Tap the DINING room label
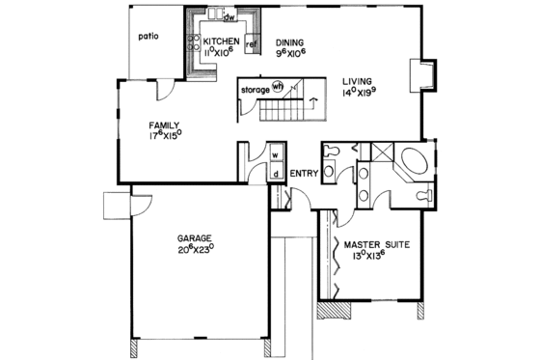pyautogui.click(x=289, y=42)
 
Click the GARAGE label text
pyautogui.click(x=194, y=237)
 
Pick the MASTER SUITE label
pyautogui.click(x=376, y=246)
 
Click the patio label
pyautogui.click(x=147, y=39)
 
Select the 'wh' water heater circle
pyautogui.click(x=278, y=86)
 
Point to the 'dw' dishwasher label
pyautogui.click(x=229, y=18)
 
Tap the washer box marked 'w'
pyautogui.click(x=275, y=153)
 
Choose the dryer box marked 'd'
pyautogui.click(x=275, y=174)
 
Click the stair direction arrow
pyautogui.click(x=312, y=100)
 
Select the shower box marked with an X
pyautogui.click(x=381, y=152)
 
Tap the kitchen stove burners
pyautogui.click(x=193, y=43)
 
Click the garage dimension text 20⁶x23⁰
pyautogui.click(x=194, y=248)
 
